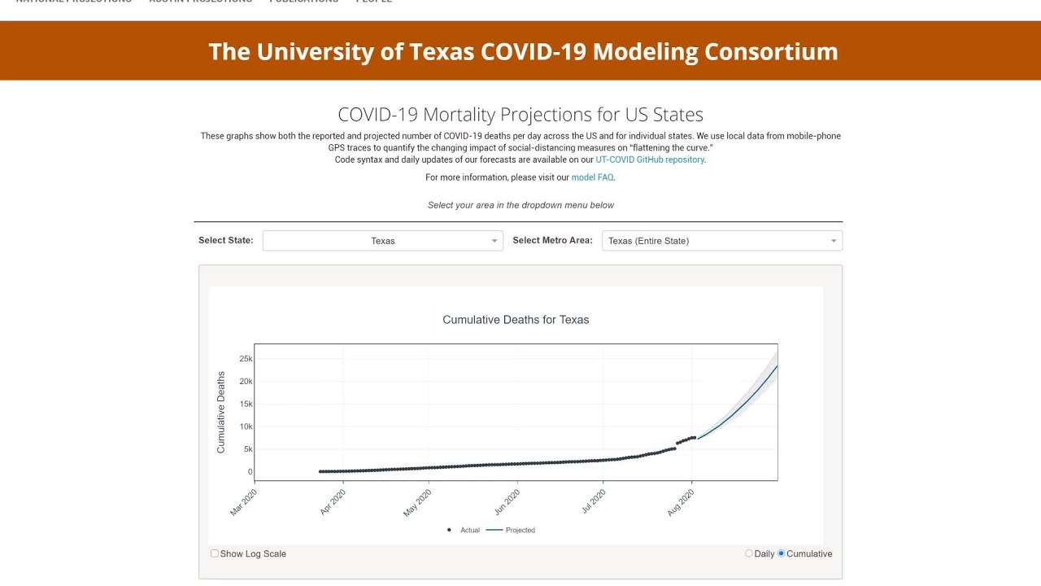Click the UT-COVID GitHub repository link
[x=650, y=160]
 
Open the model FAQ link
[x=592, y=177]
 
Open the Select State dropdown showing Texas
[x=382, y=241]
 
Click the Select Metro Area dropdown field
[x=721, y=241]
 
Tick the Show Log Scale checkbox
[x=215, y=553]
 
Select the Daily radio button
[x=749, y=553]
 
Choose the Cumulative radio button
[x=782, y=553]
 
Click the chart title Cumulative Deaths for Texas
[x=516, y=320]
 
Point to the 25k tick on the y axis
[x=246, y=359]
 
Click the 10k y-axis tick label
[x=246, y=426]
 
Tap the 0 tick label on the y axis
[x=250, y=472]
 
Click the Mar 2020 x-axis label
[x=244, y=501]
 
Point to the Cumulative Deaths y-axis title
[x=221, y=412]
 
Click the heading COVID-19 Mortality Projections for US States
[x=520, y=115]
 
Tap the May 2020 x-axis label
[x=418, y=501]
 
